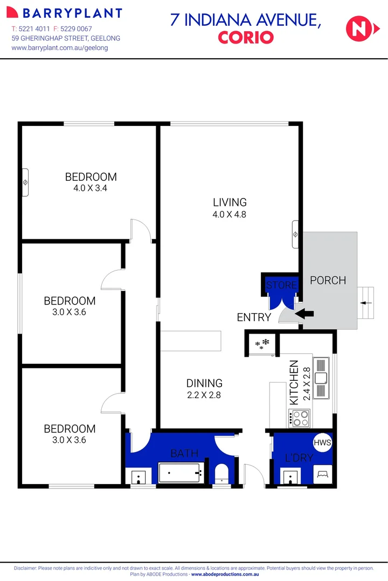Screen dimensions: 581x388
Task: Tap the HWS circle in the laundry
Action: tap(322, 442)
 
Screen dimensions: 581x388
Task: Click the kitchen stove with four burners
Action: tap(299, 418)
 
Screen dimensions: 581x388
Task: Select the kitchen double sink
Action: tap(322, 379)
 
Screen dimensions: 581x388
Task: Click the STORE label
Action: tap(281, 285)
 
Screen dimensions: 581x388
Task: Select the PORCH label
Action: tap(328, 280)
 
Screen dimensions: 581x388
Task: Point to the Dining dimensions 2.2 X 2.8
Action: tap(204, 395)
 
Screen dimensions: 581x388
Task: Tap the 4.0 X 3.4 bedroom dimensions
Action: tap(91, 188)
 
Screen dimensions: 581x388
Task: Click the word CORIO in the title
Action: tap(246, 37)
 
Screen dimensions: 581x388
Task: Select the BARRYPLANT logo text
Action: tap(72, 13)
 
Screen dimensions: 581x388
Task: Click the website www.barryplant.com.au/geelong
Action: tap(60, 48)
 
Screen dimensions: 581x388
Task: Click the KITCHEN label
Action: tap(294, 382)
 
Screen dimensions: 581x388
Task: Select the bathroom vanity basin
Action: tap(138, 477)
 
